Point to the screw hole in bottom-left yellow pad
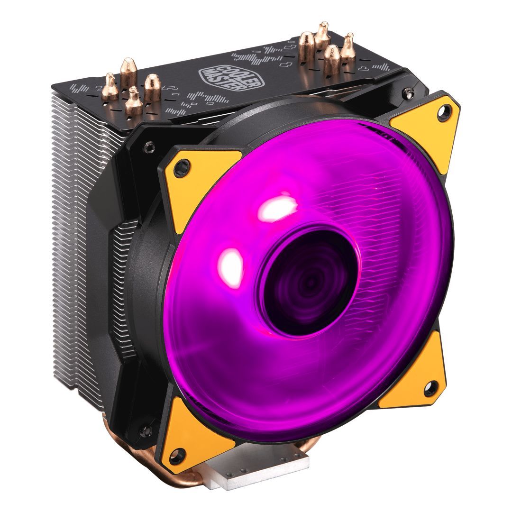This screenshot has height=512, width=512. (176, 457)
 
